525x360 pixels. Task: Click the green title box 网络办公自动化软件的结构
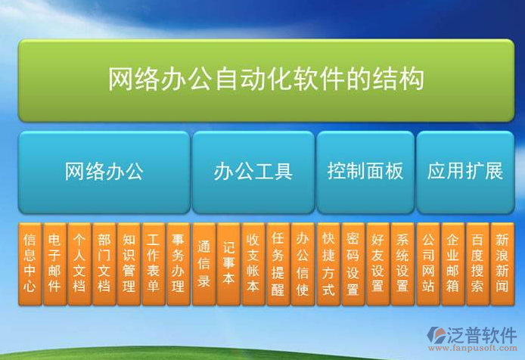tap(266, 80)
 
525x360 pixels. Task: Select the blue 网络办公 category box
tap(104, 172)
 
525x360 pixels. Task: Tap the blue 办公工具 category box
tap(253, 172)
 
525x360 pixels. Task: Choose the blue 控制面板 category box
tap(365, 172)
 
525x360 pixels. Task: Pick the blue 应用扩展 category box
tap(464, 172)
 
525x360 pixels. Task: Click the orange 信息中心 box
tap(30, 263)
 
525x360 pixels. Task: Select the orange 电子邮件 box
tap(54, 263)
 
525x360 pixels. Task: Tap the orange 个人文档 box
tap(79, 263)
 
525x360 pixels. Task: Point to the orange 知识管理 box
tap(129, 263)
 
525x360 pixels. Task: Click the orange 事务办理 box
tap(178, 263)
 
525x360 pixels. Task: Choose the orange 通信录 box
tap(203, 263)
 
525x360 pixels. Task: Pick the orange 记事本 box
tap(228, 263)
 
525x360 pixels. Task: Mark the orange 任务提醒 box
tap(278, 263)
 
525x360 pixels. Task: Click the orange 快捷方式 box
tap(328, 263)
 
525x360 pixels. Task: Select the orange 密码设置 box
tap(353, 263)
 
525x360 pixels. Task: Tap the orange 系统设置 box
tap(402, 263)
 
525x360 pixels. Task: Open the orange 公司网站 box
tap(427, 263)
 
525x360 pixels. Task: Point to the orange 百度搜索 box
tap(477, 263)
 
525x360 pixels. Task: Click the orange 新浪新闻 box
tap(502, 263)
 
